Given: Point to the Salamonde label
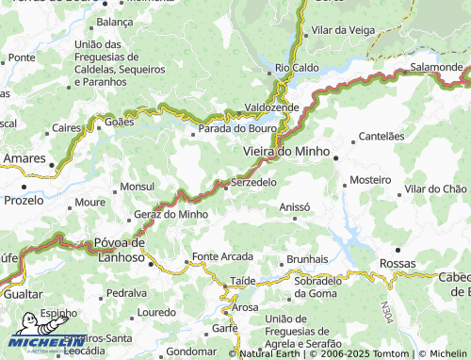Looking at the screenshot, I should (x=436, y=68).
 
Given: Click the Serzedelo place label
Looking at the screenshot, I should (x=253, y=181).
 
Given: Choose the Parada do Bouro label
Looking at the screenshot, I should (x=235, y=128).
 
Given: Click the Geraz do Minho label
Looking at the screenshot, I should (x=171, y=214).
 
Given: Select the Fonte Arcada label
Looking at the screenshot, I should (x=222, y=256).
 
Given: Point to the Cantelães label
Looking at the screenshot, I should (x=382, y=136).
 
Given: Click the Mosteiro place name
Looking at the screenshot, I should (x=370, y=179).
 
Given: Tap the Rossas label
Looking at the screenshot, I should (x=398, y=263).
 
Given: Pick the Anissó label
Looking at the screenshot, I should (x=295, y=206).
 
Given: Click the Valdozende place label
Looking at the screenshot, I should (x=271, y=107).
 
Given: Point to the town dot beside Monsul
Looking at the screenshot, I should (x=116, y=190).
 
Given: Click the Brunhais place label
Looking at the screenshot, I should (x=307, y=258).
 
